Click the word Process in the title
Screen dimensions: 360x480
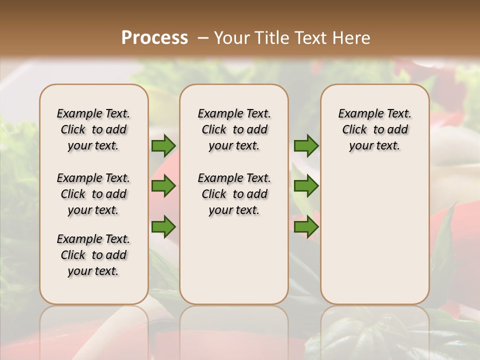154,37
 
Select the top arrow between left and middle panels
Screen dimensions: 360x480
163,145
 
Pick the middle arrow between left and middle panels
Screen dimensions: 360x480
163,186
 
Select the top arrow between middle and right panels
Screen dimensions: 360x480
306,145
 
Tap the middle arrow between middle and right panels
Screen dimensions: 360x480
306,186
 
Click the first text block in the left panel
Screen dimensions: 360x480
93,129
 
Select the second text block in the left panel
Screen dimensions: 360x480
93,194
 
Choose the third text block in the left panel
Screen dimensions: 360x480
93,255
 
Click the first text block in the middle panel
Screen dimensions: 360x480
234,129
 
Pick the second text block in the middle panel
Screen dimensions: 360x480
234,194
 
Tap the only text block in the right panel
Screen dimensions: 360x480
375,129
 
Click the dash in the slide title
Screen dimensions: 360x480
202,38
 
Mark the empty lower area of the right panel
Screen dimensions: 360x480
375,235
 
